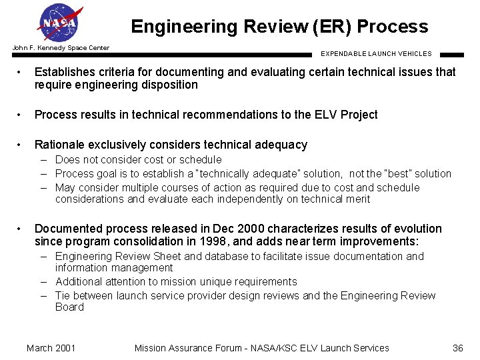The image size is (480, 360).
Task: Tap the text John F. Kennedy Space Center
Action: click(61, 48)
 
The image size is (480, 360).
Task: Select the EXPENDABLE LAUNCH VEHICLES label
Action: click(376, 54)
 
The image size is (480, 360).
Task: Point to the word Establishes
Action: click(66, 72)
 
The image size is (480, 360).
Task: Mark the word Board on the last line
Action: click(69, 307)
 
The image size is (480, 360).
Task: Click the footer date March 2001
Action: click(51, 347)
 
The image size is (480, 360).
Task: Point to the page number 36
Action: click(457, 347)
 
